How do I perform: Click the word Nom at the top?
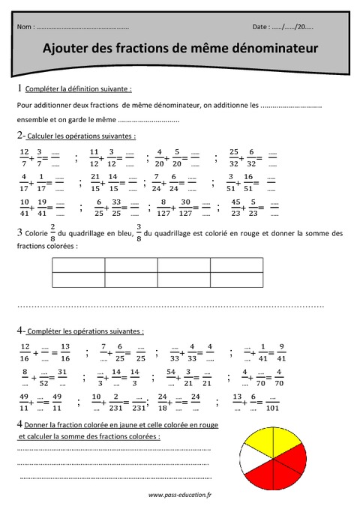24,26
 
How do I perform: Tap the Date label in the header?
262,26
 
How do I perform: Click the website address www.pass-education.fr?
180,495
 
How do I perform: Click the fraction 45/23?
236,206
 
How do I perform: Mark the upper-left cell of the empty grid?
78,265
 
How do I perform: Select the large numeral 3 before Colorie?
19,233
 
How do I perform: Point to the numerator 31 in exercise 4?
65,372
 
